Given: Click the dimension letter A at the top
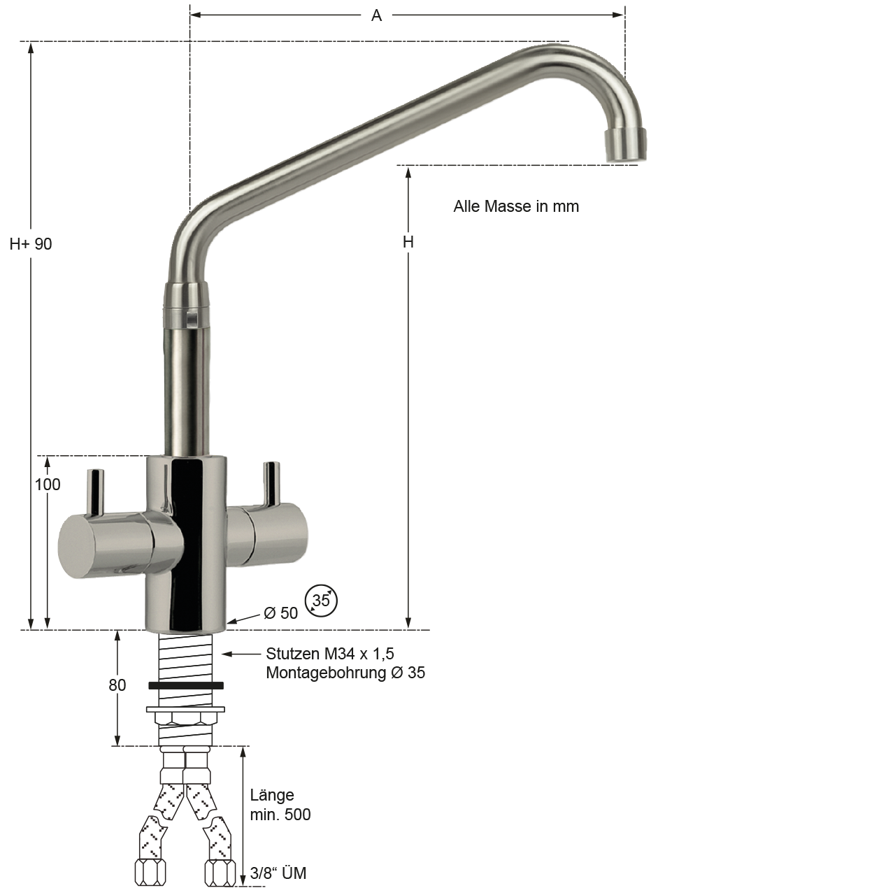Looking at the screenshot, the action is [x=376, y=15].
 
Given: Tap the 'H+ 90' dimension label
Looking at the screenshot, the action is [x=31, y=244].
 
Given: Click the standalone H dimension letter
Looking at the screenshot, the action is [x=408, y=242].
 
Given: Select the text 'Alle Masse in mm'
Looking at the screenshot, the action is [x=516, y=206].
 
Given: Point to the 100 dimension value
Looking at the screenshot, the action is [x=48, y=485].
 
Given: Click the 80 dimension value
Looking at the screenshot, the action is [x=117, y=685].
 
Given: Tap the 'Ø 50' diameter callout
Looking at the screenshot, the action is [x=280, y=613].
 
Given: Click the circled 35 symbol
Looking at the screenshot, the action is [x=321, y=601].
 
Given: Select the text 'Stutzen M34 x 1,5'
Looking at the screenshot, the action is [x=330, y=654].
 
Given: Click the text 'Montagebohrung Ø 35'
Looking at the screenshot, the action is [x=345, y=673].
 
